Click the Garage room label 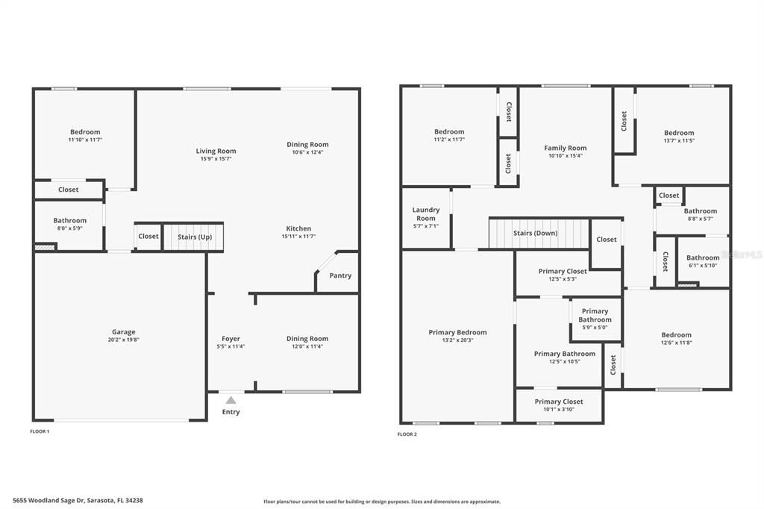[124, 332]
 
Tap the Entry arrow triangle [231, 401]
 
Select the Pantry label [340, 275]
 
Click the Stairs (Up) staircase [194, 237]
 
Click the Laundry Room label [426, 214]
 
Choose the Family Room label [565, 148]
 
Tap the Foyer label [231, 339]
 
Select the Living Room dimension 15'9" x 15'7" [216, 159]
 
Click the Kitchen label [298, 228]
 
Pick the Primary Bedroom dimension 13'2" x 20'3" [457, 340]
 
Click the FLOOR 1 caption [40, 431]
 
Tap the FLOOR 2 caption [407, 434]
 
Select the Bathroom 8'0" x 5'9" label [69, 220]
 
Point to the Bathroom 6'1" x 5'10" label [703, 258]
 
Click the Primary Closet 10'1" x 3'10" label [559, 402]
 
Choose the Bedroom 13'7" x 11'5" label [678, 133]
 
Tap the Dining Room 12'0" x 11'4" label [307, 339]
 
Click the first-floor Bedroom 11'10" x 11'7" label [85, 132]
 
